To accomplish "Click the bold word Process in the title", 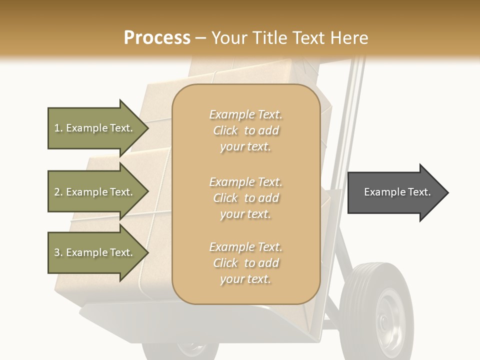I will [x=157, y=37].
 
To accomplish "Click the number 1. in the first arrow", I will [x=58, y=128].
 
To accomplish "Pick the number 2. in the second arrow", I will [x=58, y=192].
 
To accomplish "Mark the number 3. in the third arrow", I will [x=58, y=252].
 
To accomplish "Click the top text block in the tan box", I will [x=245, y=130].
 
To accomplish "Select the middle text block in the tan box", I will [x=245, y=198].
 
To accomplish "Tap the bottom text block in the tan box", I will [x=245, y=263].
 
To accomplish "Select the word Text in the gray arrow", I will [x=419, y=192].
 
